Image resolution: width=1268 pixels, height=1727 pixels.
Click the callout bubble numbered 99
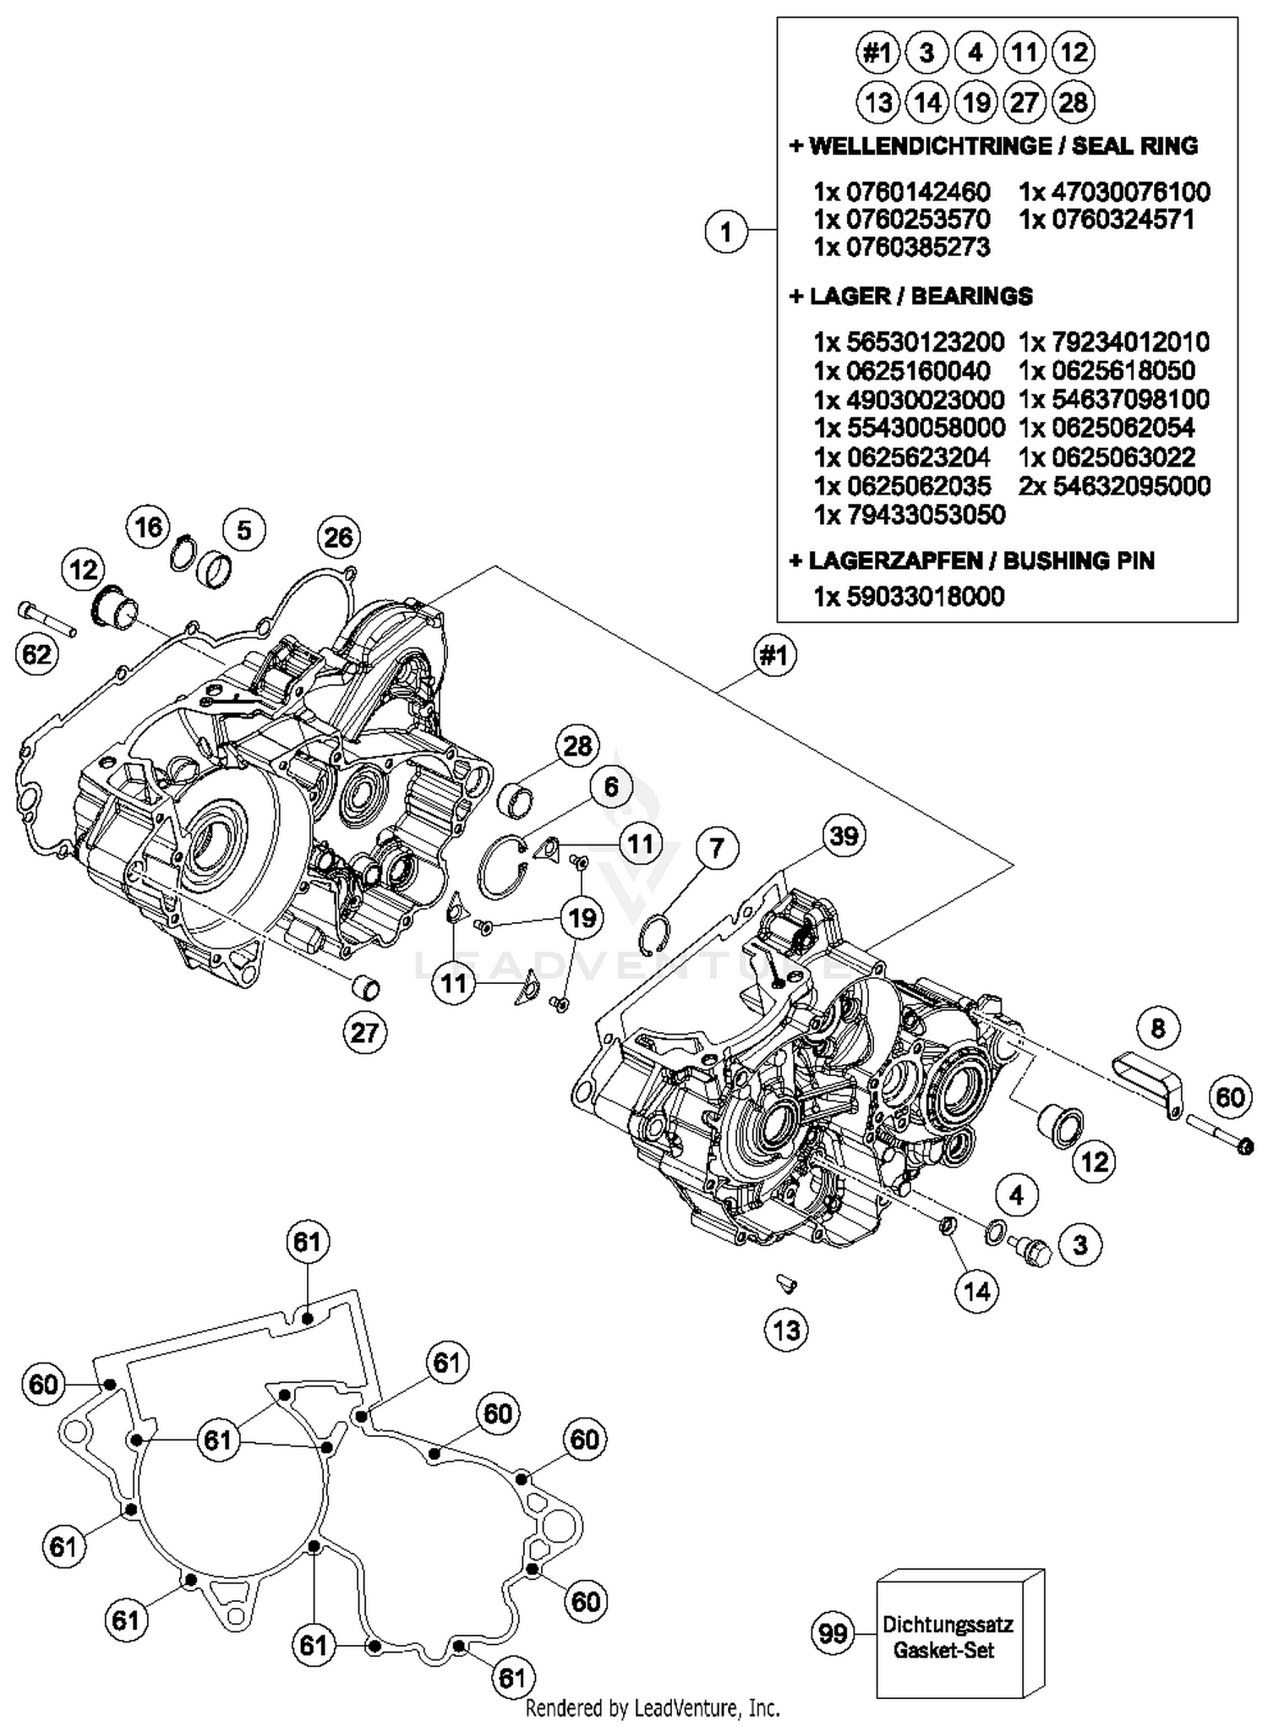coord(833,1633)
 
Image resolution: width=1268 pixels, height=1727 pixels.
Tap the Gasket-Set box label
coord(946,1637)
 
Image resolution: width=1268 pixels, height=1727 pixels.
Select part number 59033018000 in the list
coord(909,597)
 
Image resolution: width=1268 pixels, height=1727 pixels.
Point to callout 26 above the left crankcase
coord(339,538)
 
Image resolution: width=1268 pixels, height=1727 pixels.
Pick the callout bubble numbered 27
coord(365,1032)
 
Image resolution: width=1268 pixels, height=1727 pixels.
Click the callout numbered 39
coord(844,836)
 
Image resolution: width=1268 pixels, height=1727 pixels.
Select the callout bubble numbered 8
coord(1158,1028)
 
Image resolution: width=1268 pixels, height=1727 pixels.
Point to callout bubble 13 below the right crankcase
coord(786,1330)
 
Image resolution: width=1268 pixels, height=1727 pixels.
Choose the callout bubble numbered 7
coord(717,848)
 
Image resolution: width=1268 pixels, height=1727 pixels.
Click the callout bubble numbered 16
coord(149,527)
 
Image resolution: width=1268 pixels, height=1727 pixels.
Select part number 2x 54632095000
coord(1114,486)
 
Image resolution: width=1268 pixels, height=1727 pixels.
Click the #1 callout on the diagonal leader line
coord(775,655)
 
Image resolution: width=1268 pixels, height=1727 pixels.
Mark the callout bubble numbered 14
coord(977,1291)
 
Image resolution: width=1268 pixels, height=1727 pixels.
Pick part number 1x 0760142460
coord(902,191)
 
